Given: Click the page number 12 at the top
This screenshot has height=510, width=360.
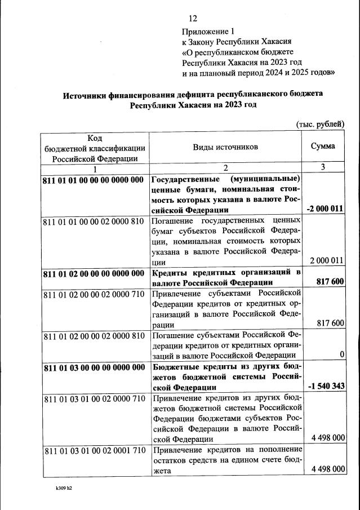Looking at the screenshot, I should coord(193,19).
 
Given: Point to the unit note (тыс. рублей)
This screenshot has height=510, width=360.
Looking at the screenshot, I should coord(319,124).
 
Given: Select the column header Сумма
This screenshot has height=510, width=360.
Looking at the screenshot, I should coord(323,146).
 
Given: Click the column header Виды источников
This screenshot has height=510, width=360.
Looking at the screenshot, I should coord(225,146).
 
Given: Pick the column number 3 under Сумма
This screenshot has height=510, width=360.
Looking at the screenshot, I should coord(323,167).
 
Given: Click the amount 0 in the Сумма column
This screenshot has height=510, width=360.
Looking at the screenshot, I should coord(341,354).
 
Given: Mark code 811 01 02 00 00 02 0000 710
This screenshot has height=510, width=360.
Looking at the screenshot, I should coord(94,294).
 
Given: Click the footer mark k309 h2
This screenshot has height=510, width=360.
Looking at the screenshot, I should coord(60,487).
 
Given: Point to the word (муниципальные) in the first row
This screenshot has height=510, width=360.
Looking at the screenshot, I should coord(265,180).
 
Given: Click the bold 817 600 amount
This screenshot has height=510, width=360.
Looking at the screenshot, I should coord(330,282).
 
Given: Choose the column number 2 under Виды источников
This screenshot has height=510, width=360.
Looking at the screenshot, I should coord(225,168).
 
